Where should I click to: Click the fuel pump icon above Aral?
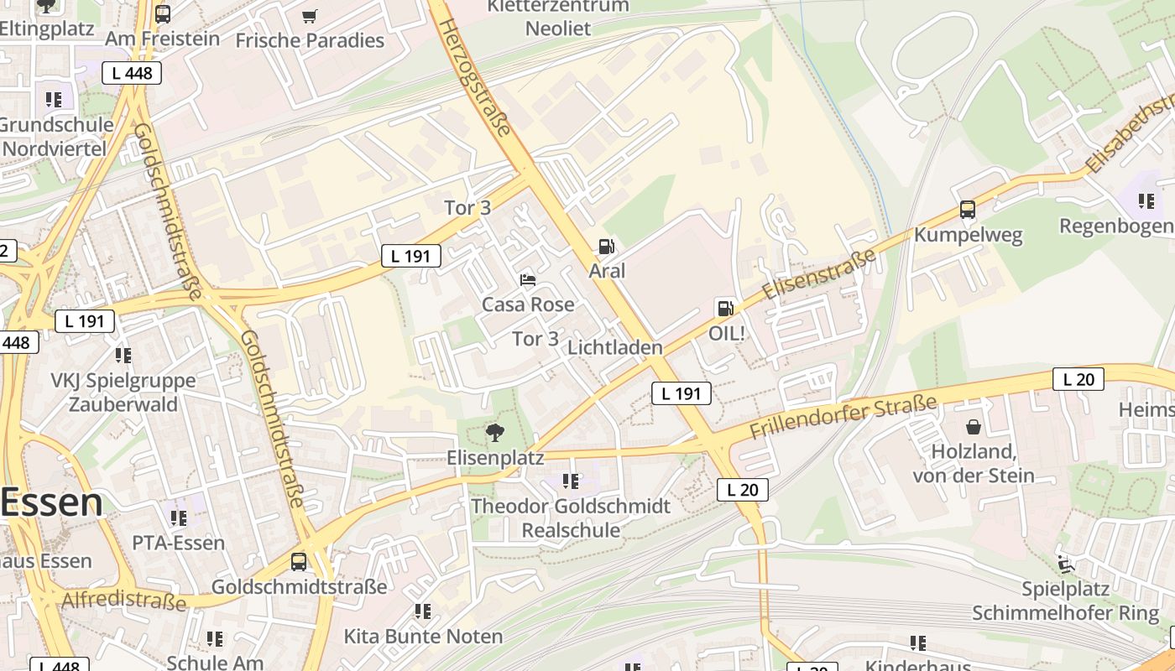click(x=605, y=247)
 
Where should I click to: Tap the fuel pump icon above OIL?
click(x=724, y=308)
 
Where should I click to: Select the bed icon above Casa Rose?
click(x=528, y=279)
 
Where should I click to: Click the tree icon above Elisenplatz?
click(x=495, y=433)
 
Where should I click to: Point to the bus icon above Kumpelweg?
click(x=968, y=210)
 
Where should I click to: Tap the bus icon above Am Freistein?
click(x=163, y=13)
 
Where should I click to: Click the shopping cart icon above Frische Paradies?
click(x=310, y=16)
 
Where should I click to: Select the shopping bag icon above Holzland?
click(x=974, y=428)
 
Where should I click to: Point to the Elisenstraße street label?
click(x=819, y=274)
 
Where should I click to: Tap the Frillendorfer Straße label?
click(x=843, y=418)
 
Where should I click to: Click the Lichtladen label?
click(x=615, y=347)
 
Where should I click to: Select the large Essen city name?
click(x=52, y=502)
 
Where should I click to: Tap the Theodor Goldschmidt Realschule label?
click(x=571, y=518)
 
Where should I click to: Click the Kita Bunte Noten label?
click(x=423, y=636)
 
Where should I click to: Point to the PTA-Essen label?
click(x=178, y=543)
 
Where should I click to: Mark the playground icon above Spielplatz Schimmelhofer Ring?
click(x=1066, y=564)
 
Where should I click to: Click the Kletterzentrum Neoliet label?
click(x=558, y=17)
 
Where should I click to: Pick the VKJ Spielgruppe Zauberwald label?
click(x=123, y=393)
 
